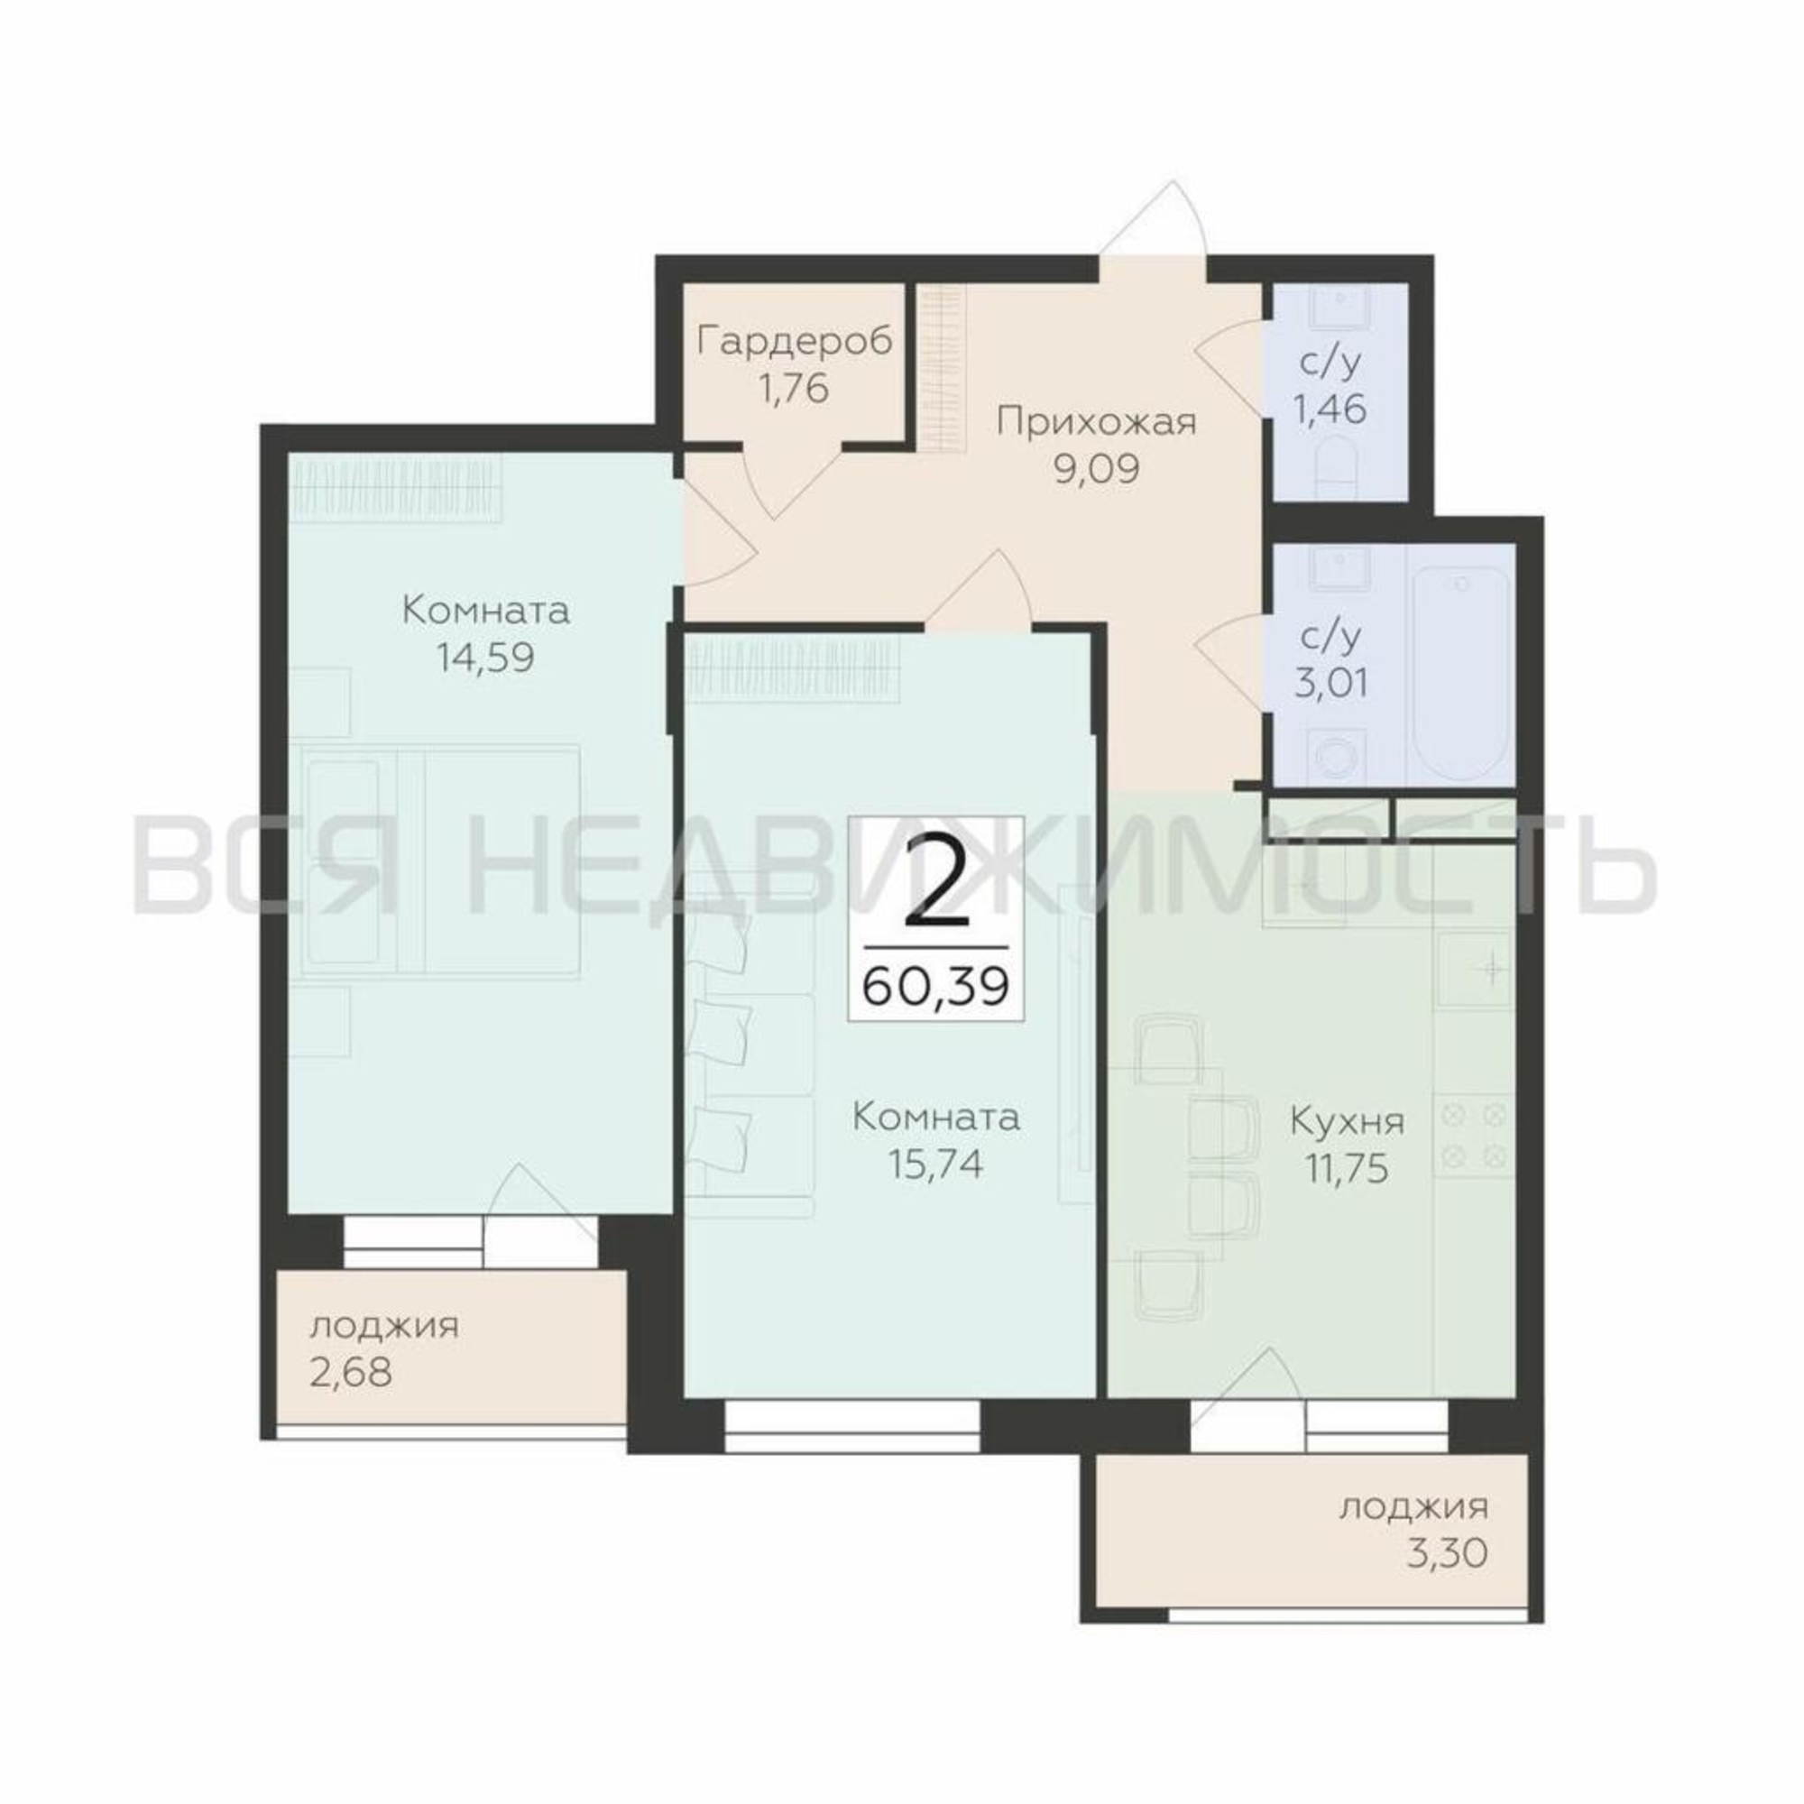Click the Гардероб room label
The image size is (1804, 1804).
(x=795, y=342)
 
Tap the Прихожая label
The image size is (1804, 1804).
(x=1096, y=422)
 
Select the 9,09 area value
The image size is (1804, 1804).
(x=1096, y=469)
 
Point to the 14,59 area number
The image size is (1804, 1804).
(x=484, y=658)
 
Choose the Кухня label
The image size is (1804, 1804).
(x=1347, y=1121)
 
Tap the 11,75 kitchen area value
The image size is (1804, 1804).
(x=1347, y=1168)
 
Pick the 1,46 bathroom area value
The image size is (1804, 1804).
(x=1331, y=408)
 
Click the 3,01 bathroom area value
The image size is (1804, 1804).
(x=1331, y=683)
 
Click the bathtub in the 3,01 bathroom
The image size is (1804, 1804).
(x=1460, y=664)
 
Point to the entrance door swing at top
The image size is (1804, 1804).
(x=1155, y=219)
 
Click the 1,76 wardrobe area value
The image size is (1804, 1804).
(x=795, y=389)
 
